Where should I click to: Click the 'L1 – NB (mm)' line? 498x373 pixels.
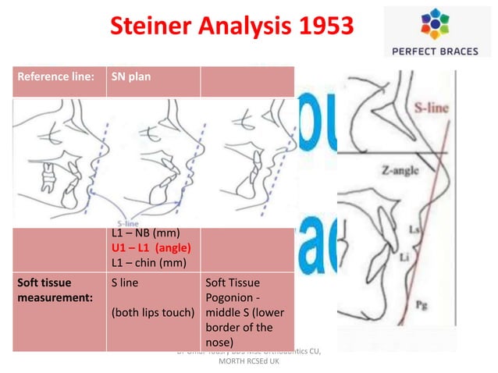click(x=146, y=233)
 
